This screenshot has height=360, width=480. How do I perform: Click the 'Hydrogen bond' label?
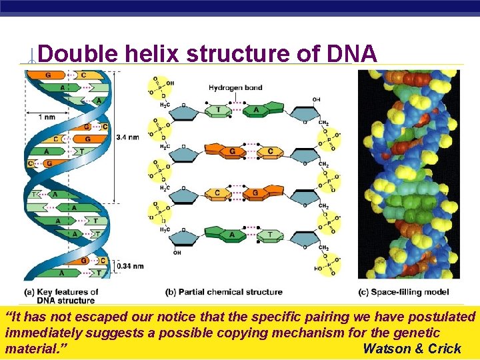[235, 87]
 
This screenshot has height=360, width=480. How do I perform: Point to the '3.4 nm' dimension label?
[127, 137]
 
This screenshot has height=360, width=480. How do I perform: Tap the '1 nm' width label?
[47, 117]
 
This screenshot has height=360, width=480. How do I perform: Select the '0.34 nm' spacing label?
[129, 266]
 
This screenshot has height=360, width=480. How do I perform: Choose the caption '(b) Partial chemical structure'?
[224, 292]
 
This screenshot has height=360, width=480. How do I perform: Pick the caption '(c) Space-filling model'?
[403, 292]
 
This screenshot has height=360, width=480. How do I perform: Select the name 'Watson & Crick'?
[412, 348]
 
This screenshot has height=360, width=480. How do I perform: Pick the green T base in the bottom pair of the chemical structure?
[269, 235]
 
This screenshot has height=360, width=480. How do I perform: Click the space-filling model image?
[408, 173]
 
